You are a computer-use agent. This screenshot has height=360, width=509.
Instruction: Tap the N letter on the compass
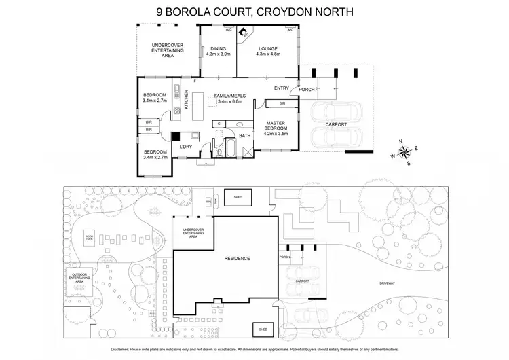click(403, 141)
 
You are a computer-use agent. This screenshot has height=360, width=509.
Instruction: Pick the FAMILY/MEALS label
click(230, 96)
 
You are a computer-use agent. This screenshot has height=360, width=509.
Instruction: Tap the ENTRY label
click(282, 88)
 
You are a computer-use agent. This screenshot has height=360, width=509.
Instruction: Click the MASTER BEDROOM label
click(275, 126)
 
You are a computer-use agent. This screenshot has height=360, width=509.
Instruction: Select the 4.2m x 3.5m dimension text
click(275, 134)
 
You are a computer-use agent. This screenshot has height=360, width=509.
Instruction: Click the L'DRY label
click(185, 147)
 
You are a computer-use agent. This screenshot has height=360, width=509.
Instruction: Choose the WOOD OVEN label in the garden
click(89, 238)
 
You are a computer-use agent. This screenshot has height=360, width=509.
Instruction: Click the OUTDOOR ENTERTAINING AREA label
click(79, 278)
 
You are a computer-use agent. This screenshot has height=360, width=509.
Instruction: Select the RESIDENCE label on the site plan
click(238, 259)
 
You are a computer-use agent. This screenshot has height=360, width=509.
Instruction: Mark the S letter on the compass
click(408, 163)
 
